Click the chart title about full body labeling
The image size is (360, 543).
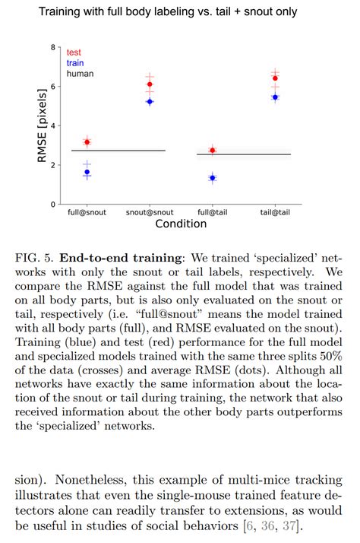pyautogui.click(x=180, y=12)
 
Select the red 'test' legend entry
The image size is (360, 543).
pyautogui.click(x=74, y=52)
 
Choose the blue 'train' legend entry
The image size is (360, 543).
pyautogui.click(x=76, y=63)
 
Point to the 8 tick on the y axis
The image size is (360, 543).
pyautogui.click(x=52, y=47)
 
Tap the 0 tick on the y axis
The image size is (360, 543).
pyautogui.click(x=52, y=205)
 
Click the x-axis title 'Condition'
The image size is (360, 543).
pyautogui.click(x=181, y=224)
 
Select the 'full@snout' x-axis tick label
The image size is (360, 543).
pyautogui.click(x=87, y=213)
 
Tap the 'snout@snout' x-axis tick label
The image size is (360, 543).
pyautogui.click(x=150, y=213)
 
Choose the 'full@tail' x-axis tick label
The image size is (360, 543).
pyautogui.click(x=212, y=213)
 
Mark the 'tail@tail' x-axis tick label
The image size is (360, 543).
pyautogui.click(x=275, y=213)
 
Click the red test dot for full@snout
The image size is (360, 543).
pyautogui.click(x=87, y=142)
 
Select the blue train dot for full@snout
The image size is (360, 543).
pyautogui.click(x=87, y=173)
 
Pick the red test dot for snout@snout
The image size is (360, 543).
pyautogui.click(x=150, y=84)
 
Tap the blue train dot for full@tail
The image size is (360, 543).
pyautogui.click(x=212, y=178)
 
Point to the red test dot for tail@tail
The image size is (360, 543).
pyautogui.click(x=275, y=78)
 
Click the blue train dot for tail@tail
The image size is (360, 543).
pyautogui.click(x=275, y=97)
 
